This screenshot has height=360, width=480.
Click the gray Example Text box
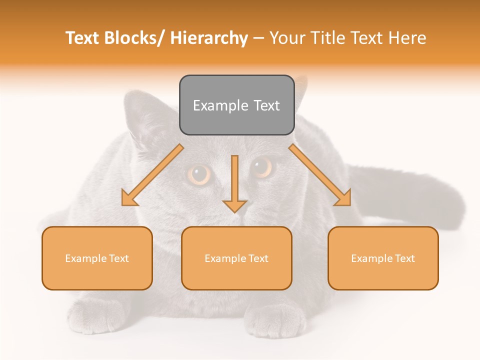pos(236,105)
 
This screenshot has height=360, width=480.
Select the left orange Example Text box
pos(97,258)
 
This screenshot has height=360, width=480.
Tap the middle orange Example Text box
pos(236,258)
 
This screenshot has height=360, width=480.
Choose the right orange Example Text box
pos(383,258)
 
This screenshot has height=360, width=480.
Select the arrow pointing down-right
pos(320,175)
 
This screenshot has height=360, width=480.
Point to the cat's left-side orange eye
pos(199,174)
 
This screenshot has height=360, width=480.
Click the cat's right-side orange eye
pos(261,167)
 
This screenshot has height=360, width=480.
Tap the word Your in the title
pos(287,38)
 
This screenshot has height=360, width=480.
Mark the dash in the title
pos(258,38)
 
